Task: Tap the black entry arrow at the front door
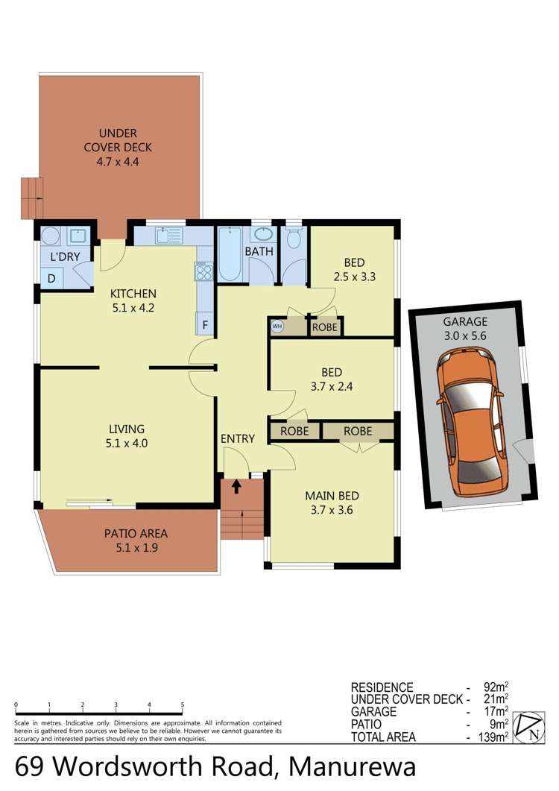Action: coord(236,487)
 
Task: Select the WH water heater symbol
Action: coord(277,326)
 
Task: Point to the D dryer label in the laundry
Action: coord(51,278)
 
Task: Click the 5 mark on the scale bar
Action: coord(183,704)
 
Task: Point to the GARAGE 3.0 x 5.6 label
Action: coord(465,329)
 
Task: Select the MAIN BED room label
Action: coord(332,502)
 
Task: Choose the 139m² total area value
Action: coord(493,737)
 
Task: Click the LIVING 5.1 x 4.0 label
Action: coord(126,436)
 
